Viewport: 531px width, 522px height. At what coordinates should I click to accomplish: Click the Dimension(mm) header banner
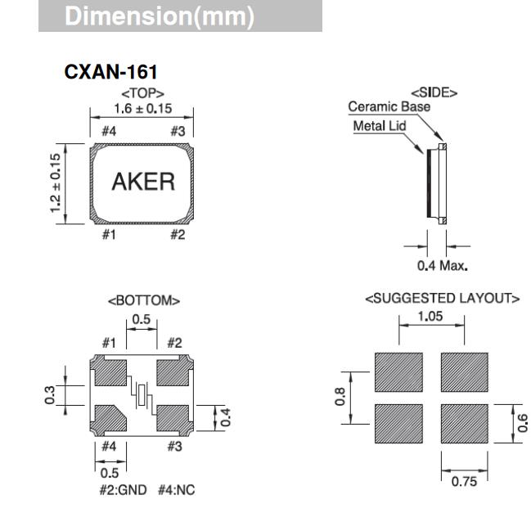[x=180, y=16]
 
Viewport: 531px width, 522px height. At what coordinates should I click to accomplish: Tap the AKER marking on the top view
[x=143, y=182]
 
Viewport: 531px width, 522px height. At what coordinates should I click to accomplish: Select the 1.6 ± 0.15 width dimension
[x=142, y=108]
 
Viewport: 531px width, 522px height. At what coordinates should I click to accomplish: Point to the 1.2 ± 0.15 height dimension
[x=56, y=182]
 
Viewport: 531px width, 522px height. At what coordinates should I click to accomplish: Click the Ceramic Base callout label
[x=389, y=106]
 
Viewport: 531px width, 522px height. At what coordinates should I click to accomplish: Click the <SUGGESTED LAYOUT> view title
[x=442, y=299]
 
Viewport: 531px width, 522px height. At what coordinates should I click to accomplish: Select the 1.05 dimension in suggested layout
[x=430, y=315]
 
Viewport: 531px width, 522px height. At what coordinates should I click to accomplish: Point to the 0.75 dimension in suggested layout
[x=464, y=481]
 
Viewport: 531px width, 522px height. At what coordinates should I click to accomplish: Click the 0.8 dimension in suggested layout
[x=341, y=398]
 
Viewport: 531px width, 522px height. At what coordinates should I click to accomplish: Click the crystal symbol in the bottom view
[x=142, y=397]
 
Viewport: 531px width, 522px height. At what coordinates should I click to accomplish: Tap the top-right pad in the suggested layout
[x=464, y=372]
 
